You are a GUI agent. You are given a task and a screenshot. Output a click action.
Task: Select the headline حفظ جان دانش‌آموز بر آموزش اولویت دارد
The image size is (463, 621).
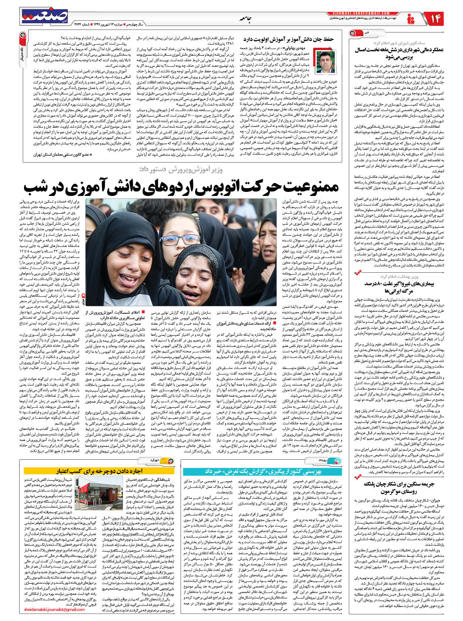(x=289, y=39)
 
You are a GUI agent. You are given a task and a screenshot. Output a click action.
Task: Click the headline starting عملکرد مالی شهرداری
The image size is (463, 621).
(x=394, y=53)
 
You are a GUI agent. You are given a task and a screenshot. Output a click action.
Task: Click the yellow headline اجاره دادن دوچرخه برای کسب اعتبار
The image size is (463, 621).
(x=99, y=471)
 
